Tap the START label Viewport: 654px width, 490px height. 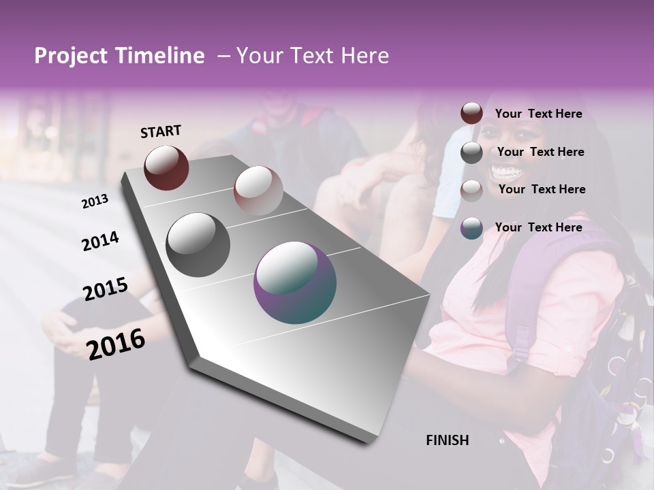pos(161,131)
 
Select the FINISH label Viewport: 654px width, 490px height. pos(448,440)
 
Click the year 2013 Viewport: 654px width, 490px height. pos(95,201)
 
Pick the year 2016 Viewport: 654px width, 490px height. pos(116,344)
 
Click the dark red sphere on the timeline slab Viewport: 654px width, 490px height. pos(166,167)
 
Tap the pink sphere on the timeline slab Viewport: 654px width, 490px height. pos(258,190)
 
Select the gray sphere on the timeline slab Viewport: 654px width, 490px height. pos(198,245)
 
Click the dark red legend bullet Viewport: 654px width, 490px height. pos(471,114)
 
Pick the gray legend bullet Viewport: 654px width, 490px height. pos(471,152)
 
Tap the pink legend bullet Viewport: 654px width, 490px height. pos(471,191)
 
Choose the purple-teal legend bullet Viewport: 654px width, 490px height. pos(471,228)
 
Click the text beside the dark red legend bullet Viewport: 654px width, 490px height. pos(539,114)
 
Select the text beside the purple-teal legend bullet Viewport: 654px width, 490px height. pos(539,227)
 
